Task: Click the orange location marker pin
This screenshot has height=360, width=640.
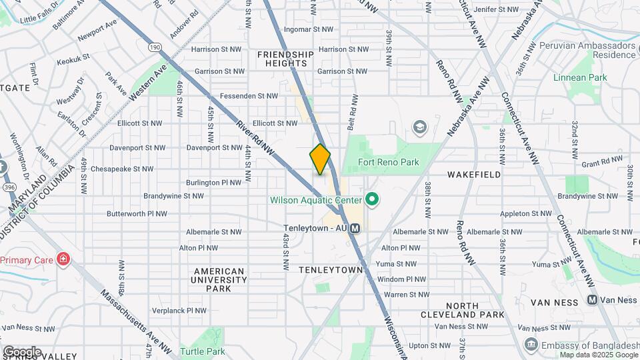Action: pyautogui.click(x=320, y=159)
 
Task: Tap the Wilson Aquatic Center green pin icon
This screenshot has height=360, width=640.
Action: pyautogui.click(x=372, y=200)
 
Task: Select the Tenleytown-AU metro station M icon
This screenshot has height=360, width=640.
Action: pyautogui.click(x=355, y=228)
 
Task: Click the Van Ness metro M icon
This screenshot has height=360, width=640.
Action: pyautogui.click(x=591, y=300)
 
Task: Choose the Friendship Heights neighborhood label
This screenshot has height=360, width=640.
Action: pyautogui.click(x=285, y=59)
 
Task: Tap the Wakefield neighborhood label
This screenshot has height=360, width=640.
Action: pyautogui.click(x=474, y=175)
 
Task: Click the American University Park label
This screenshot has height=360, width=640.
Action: pyautogui.click(x=219, y=280)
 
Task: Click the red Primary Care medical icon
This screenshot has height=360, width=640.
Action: pyautogui.click(x=63, y=259)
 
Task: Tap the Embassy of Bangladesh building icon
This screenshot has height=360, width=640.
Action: pyautogui.click(x=531, y=344)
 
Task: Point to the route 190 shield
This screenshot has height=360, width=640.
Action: pyautogui.click(x=155, y=47)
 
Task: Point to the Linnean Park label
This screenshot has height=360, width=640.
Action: pyautogui.click(x=580, y=78)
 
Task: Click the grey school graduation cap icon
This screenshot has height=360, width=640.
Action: pyautogui.click(x=419, y=127)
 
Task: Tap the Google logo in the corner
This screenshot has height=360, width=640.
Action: pyautogui.click(x=22, y=351)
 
